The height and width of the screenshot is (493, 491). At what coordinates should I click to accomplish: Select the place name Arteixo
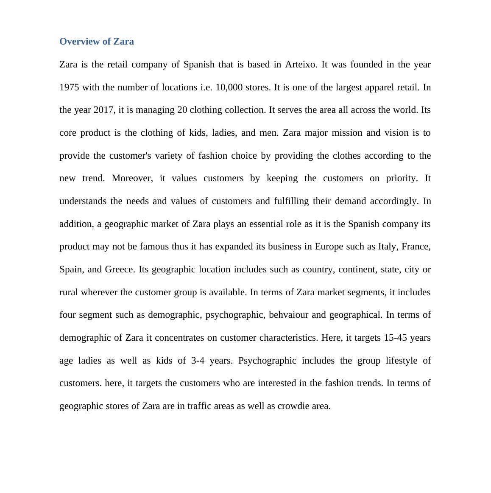[x=300, y=64]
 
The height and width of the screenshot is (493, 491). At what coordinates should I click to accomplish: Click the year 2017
[x=103, y=110]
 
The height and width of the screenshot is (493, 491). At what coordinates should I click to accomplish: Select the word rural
[x=69, y=292]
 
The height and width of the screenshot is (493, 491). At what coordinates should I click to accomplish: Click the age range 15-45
[x=395, y=338]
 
